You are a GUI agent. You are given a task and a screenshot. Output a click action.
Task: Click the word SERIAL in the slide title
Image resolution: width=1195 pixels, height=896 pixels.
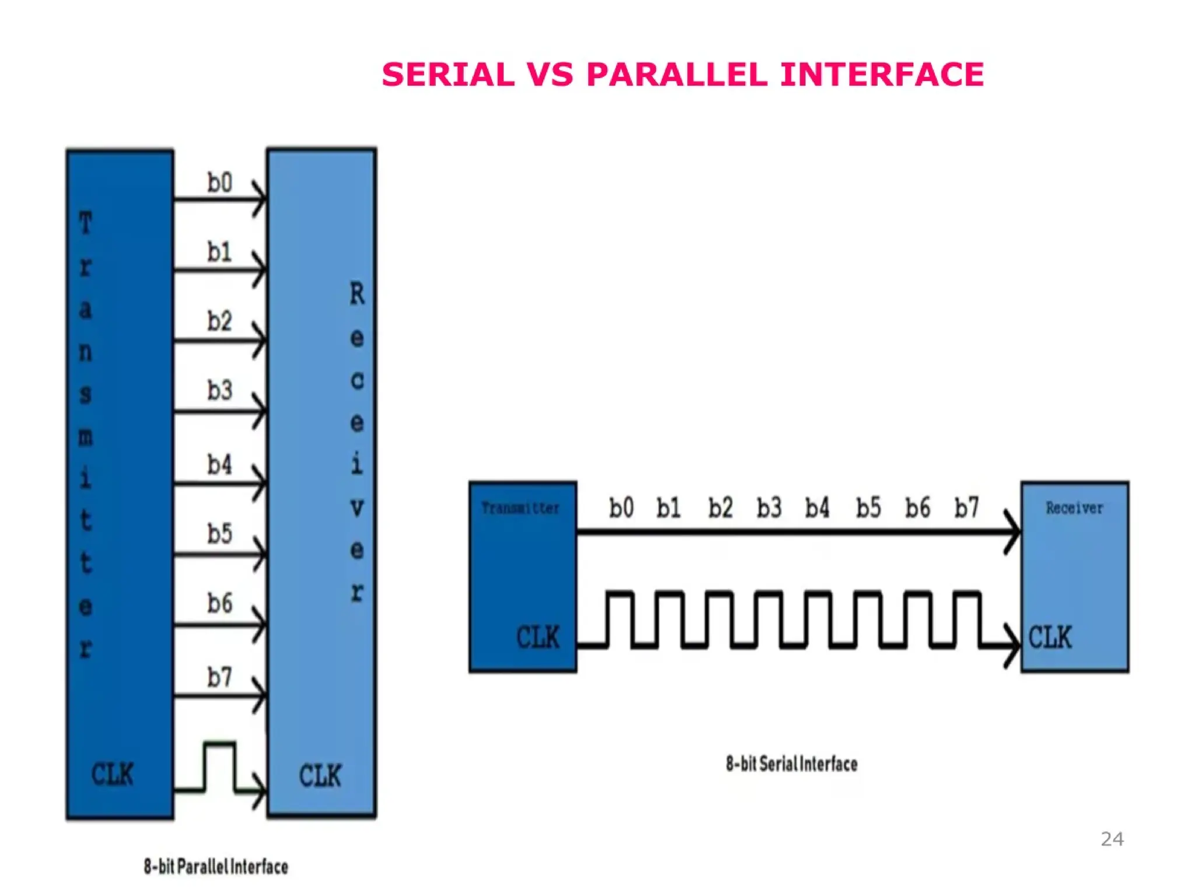448,75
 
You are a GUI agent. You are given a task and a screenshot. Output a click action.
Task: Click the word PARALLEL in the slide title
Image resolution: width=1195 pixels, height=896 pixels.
676,75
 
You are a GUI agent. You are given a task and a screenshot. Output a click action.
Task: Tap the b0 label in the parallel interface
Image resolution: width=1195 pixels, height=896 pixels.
219,183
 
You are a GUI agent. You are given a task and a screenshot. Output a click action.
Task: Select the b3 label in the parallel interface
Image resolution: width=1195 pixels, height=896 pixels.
219,390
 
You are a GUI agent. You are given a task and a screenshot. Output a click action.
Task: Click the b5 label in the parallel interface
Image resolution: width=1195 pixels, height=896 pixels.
219,534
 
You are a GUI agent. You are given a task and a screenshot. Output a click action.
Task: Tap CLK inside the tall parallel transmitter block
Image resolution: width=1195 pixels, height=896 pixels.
112,774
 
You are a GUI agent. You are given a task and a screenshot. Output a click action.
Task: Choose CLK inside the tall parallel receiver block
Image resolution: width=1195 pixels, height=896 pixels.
320,775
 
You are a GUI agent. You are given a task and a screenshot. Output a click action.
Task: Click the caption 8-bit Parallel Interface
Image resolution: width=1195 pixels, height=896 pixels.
216,866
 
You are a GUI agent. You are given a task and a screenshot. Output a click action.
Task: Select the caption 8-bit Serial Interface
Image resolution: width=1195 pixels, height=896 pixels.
791,764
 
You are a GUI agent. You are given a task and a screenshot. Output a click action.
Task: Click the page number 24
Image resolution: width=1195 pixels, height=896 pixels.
1112,839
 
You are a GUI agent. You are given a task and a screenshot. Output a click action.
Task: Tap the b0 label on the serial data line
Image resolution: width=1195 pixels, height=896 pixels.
621,508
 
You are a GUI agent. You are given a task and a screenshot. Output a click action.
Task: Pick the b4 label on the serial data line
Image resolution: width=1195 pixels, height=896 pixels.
817,508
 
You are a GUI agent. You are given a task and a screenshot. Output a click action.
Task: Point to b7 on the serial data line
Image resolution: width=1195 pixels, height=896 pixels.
966,508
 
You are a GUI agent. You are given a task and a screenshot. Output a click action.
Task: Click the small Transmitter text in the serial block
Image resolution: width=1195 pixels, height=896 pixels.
520,508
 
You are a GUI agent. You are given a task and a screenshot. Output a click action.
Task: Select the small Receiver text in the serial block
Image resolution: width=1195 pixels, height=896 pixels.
1074,508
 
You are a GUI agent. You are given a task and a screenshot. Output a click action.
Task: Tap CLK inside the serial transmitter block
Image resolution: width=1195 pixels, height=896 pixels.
537,637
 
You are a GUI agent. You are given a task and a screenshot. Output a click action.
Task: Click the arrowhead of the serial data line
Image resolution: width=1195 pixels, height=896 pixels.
1013,532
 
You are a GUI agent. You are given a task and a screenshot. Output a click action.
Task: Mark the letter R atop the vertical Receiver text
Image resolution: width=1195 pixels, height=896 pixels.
357,293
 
